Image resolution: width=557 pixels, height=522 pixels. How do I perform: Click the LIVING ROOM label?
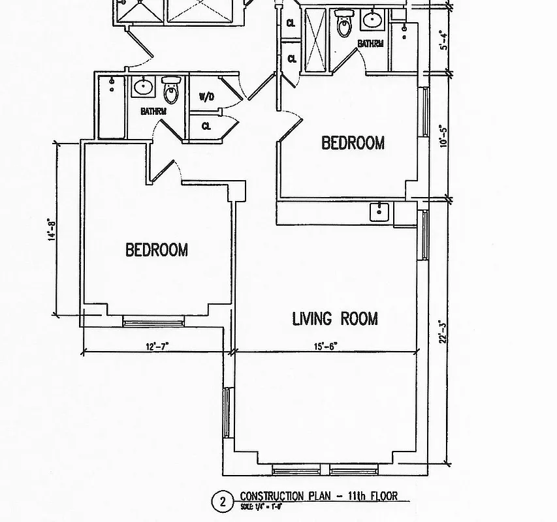click(x=334, y=318)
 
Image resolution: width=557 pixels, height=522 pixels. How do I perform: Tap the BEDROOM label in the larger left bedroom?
click(x=157, y=250)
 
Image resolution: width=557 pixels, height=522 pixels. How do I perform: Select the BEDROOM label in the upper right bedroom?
click(x=353, y=143)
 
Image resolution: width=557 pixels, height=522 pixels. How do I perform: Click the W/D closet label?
click(x=206, y=97)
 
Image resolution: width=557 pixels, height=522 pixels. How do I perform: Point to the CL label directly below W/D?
click(x=206, y=126)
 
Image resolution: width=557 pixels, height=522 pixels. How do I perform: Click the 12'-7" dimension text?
click(x=159, y=347)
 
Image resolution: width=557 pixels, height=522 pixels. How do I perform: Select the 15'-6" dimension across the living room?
click(x=325, y=347)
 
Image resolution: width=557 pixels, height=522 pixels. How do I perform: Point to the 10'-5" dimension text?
click(x=445, y=136)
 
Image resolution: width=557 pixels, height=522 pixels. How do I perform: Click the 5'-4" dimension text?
click(x=445, y=40)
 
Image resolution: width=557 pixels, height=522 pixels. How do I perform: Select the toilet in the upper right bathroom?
click(x=343, y=25)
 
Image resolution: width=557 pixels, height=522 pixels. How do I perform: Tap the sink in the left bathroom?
click(x=142, y=85)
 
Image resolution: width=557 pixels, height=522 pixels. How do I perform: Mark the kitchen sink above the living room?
click(x=379, y=212)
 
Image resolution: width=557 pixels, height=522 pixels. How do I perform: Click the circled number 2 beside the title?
click(x=223, y=502)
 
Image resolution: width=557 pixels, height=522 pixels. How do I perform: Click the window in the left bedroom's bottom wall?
click(x=153, y=321)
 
